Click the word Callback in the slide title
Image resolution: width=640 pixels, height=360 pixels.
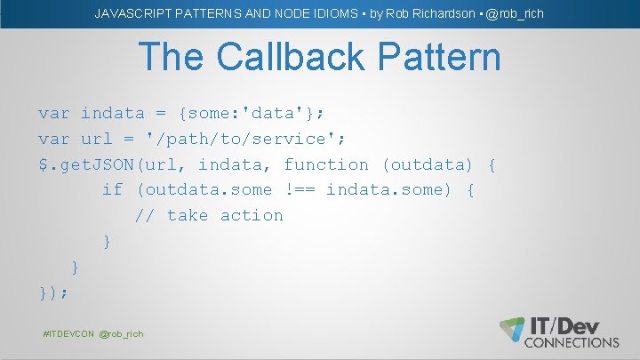point(292,58)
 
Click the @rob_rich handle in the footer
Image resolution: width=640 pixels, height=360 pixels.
point(121,333)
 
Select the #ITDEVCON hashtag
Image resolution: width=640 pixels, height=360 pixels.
point(68,333)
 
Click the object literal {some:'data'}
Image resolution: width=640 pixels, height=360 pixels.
point(252,113)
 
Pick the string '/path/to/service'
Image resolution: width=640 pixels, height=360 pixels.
point(251,139)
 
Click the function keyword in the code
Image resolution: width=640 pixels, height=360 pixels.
point(326,164)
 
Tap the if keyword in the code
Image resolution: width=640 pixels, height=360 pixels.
point(113,189)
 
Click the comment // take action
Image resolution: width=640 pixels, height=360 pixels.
point(209,215)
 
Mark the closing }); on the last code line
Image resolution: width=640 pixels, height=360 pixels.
point(53,292)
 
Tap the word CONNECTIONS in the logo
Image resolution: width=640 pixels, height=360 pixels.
point(572,342)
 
